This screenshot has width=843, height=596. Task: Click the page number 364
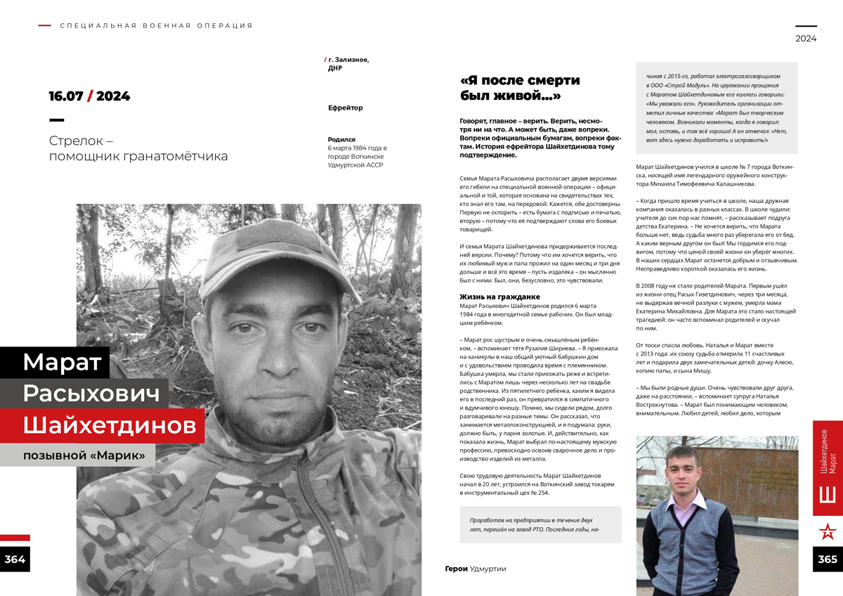[15, 559]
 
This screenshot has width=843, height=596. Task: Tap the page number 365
[828, 559]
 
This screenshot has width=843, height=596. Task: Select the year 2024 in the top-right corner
[806, 39]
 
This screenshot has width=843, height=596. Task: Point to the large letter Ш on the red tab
[828, 493]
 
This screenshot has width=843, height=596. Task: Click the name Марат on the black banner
[63, 363]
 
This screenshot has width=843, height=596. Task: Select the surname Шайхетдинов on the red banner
[109, 425]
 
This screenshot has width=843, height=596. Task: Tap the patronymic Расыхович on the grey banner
[91, 394]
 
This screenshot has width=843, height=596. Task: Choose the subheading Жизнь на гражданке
[499, 297]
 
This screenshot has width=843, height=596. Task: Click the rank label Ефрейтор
[346, 108]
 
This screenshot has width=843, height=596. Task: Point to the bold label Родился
[341, 140]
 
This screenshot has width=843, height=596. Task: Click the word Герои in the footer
[456, 569]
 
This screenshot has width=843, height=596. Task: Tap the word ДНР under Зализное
[335, 69]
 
